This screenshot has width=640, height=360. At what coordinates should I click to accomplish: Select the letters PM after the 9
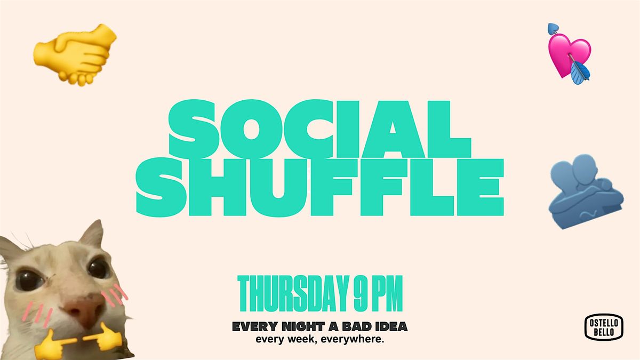pos(387,293)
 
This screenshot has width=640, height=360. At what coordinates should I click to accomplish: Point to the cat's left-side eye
pos(26,277)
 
